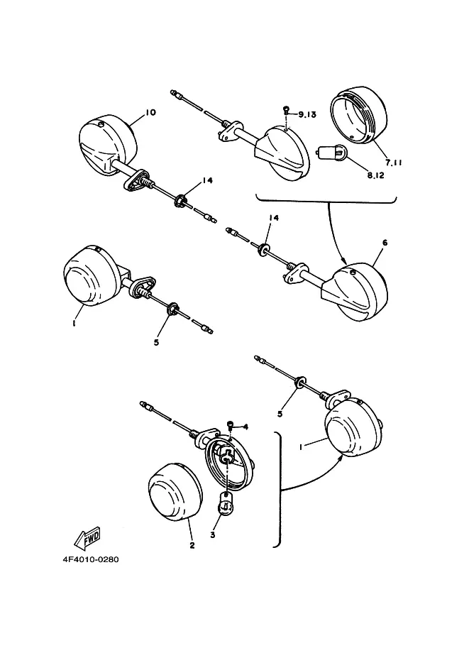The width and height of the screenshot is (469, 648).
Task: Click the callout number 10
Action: tap(150, 112)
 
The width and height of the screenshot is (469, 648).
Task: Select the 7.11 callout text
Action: tap(394, 163)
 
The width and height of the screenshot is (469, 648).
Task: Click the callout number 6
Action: tap(385, 242)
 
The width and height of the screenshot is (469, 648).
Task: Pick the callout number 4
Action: tap(245, 427)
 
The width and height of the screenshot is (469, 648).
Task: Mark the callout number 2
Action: tap(191, 546)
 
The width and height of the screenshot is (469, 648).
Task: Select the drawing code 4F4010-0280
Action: tap(90, 559)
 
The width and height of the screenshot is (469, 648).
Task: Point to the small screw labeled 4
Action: tap(231, 425)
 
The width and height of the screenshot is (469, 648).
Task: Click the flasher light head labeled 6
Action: tap(358, 291)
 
